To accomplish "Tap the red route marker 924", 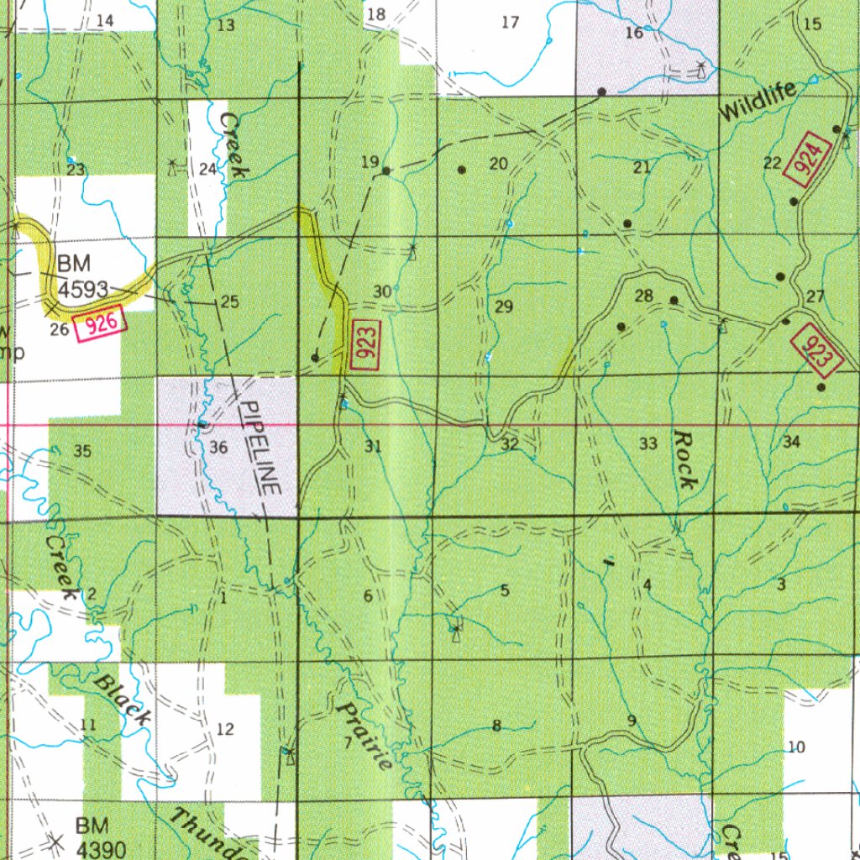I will point(807,160).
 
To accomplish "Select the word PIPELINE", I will point(260,445).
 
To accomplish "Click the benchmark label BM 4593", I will point(82,278).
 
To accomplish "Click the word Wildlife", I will point(756,105).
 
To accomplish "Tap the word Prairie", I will point(364,737).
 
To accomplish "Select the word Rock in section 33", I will point(684,460).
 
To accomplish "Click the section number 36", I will point(218,448).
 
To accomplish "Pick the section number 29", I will point(503,307).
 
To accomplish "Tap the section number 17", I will point(510,22).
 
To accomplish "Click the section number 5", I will point(505,590).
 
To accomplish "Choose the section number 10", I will point(797,746).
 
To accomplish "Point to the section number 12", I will point(225,729).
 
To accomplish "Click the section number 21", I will point(642,168).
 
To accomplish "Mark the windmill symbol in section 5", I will point(456,629).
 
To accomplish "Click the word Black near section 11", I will point(123,699).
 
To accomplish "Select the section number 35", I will point(81,452).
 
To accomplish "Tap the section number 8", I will point(496,726).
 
